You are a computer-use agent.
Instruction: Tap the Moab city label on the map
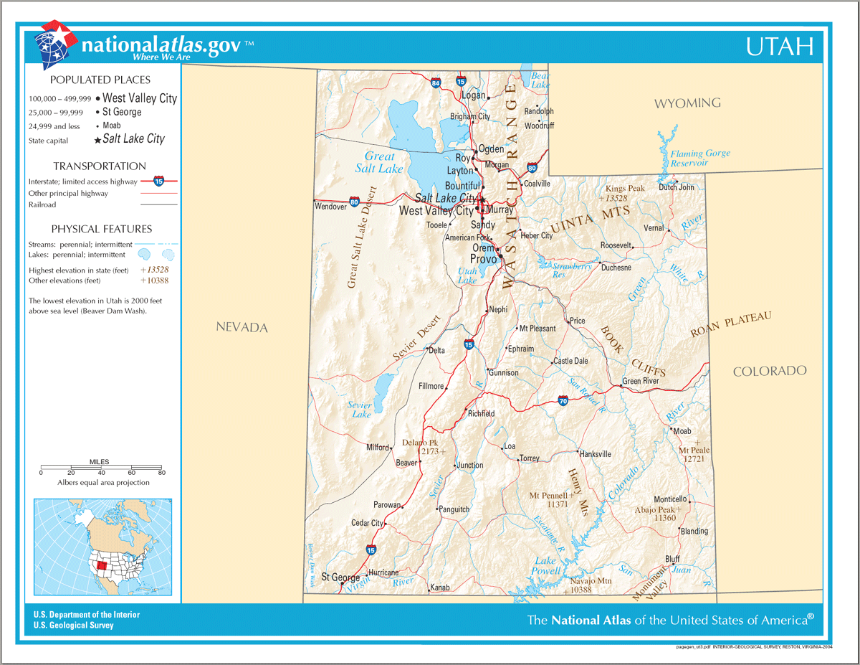tap(682, 431)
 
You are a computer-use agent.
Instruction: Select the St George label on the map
tap(340, 577)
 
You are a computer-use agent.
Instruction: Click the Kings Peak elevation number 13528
tap(616, 198)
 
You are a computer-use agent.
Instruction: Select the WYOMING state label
tap(687, 103)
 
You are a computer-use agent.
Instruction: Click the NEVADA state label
tap(242, 328)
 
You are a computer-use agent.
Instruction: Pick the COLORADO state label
tap(770, 371)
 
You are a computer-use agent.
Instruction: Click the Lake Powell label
tap(545, 566)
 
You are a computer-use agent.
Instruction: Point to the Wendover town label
tap(331, 207)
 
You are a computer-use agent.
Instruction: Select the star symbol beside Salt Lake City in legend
tap(97, 141)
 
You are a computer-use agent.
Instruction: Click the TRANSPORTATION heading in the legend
tap(100, 166)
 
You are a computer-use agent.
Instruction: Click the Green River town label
tap(640, 381)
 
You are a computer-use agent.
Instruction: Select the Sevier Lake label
tap(360, 410)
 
